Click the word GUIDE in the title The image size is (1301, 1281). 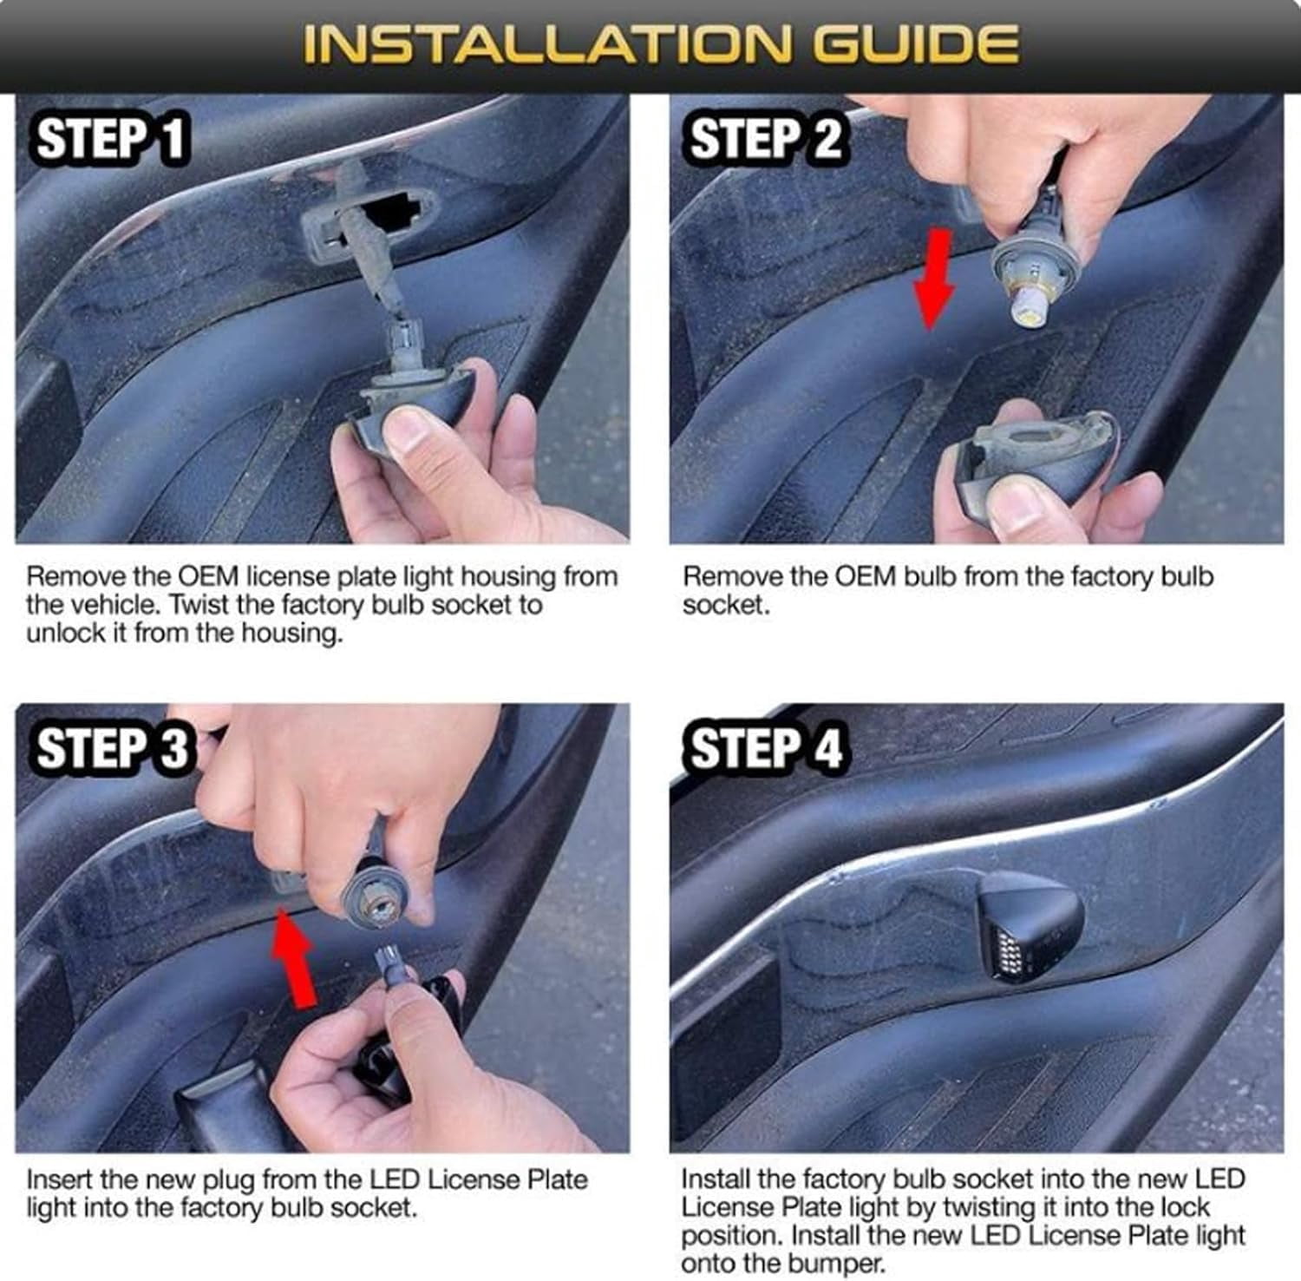(x=919, y=44)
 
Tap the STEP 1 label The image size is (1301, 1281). (x=111, y=139)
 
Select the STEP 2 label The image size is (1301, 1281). (x=765, y=139)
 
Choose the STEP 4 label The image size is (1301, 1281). (x=766, y=748)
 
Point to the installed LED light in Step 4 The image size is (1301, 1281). (x=1028, y=925)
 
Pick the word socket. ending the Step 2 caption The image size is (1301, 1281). (x=726, y=604)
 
